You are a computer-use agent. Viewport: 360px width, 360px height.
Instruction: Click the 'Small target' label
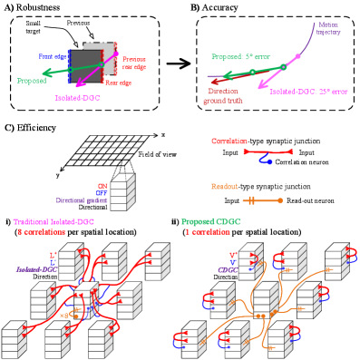[x=33, y=26]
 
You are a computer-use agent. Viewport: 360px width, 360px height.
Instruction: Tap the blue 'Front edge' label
[x=53, y=56]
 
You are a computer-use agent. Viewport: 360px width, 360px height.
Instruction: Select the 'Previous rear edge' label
[x=133, y=62]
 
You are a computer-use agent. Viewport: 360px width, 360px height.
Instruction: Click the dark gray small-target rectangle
[x=86, y=66]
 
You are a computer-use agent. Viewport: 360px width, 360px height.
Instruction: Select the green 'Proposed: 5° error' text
[x=239, y=56]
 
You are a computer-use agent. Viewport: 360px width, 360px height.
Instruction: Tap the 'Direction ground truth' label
[x=223, y=95]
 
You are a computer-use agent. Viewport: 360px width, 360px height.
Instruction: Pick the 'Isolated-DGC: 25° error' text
[x=308, y=92]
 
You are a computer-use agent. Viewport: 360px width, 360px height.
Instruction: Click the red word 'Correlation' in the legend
[x=229, y=141]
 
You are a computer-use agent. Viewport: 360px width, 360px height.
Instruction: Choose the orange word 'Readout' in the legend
[x=225, y=187]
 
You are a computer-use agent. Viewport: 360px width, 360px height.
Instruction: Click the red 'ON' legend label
[x=102, y=186]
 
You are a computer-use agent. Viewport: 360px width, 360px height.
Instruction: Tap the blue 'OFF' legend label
[x=102, y=193]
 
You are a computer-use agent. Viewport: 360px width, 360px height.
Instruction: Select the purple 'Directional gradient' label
[x=82, y=200]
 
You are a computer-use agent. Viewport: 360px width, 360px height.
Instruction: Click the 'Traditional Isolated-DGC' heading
[x=54, y=222]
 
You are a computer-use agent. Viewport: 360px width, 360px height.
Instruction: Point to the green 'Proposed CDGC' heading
[x=211, y=222]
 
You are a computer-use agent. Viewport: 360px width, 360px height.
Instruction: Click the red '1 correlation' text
[x=207, y=232]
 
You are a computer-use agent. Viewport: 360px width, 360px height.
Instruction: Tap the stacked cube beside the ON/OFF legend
[x=122, y=192]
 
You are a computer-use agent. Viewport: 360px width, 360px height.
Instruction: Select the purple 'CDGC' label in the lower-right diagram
[x=226, y=269]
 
